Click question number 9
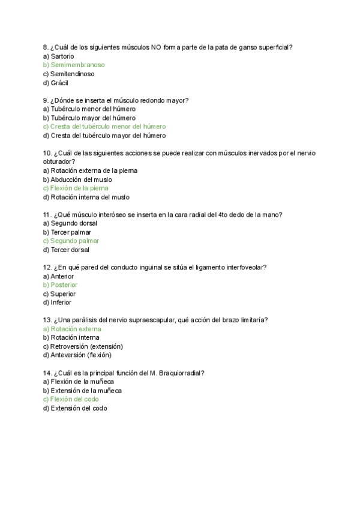(x=46, y=100)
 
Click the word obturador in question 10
(x=58, y=161)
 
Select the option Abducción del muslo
(x=77, y=179)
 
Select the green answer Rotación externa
(x=73, y=329)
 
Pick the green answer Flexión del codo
(x=71, y=399)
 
